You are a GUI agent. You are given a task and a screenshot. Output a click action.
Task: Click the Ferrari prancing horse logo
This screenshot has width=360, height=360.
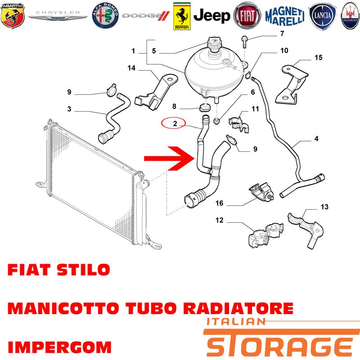pyautogui.click(x=182, y=16)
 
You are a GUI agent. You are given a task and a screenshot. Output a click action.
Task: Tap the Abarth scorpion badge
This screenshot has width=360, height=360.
pyautogui.click(x=13, y=16)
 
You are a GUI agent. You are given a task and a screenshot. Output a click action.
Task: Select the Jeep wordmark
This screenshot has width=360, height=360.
pyautogui.click(x=211, y=16)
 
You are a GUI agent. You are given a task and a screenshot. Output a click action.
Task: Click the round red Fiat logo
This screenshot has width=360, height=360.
pyautogui.click(x=247, y=16)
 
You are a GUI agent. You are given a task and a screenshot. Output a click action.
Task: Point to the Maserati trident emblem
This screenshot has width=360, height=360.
pyautogui.click(x=351, y=16)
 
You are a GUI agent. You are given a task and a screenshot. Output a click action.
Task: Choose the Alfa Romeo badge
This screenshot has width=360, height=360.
pyautogui.click(x=105, y=16)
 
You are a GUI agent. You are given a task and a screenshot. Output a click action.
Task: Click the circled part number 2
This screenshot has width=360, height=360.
pyautogui.click(x=175, y=123)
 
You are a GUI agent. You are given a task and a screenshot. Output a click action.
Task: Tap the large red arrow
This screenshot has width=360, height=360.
pyautogui.click(x=169, y=158)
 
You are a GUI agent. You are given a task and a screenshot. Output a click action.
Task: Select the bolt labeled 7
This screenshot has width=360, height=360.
pyautogui.click(x=244, y=41)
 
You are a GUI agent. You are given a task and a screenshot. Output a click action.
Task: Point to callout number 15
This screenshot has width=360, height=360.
pyautogui.click(x=319, y=58)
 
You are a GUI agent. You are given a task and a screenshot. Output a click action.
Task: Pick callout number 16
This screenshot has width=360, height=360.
pyautogui.click(x=219, y=203)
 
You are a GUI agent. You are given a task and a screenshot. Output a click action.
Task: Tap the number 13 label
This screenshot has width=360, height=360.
pyautogui.click(x=324, y=207)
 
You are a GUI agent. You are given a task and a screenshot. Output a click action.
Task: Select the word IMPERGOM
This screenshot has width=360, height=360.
pyautogui.click(x=60, y=347)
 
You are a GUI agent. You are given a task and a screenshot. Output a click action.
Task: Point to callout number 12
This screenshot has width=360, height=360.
pyautogui.click(x=219, y=220)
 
